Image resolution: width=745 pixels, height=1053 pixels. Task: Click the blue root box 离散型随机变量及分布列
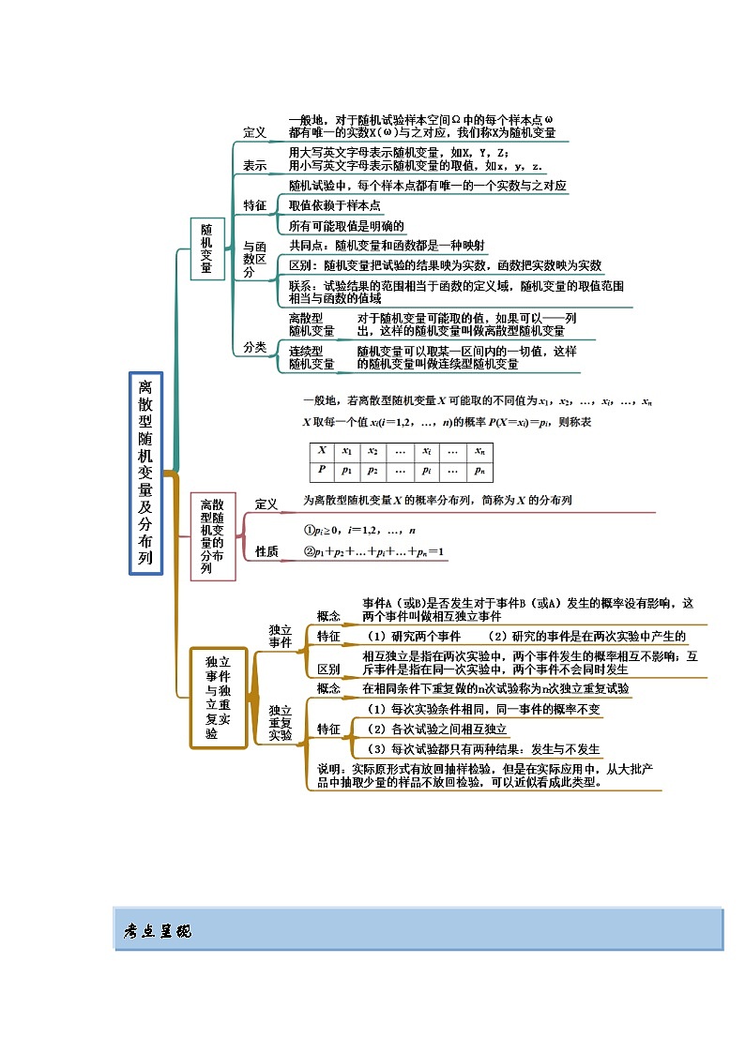145,474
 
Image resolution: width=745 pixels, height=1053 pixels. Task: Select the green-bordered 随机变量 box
206,248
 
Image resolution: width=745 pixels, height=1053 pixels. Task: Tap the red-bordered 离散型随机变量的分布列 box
212,536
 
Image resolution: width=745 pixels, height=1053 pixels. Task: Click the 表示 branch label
254,166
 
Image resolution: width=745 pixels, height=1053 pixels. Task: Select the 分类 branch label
254,347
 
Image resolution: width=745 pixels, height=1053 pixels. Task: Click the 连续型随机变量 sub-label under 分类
312,357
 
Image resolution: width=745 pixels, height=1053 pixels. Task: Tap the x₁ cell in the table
347,450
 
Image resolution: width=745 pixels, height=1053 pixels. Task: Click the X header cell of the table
322,450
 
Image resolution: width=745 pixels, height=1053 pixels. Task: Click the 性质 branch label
266,552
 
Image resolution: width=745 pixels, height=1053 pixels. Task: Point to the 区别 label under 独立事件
328,669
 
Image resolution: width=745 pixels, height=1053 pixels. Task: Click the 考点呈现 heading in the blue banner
157,931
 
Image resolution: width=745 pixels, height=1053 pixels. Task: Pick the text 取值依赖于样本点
334,205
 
